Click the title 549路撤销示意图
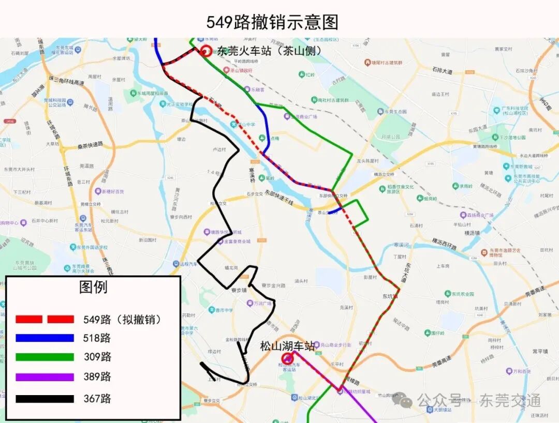point(272,22)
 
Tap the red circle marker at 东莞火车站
point(206,51)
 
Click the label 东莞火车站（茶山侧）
point(269,51)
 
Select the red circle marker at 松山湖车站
point(287,358)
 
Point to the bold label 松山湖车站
point(287,346)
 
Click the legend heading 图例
point(93,287)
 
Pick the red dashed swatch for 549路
point(45,319)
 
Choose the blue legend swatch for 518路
point(45,338)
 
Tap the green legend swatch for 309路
point(45,357)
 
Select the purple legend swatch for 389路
point(45,377)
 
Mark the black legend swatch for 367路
point(45,399)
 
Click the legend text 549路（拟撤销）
point(122,319)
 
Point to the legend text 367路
point(97,399)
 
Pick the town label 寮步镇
point(239,291)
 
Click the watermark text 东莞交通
point(510,400)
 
